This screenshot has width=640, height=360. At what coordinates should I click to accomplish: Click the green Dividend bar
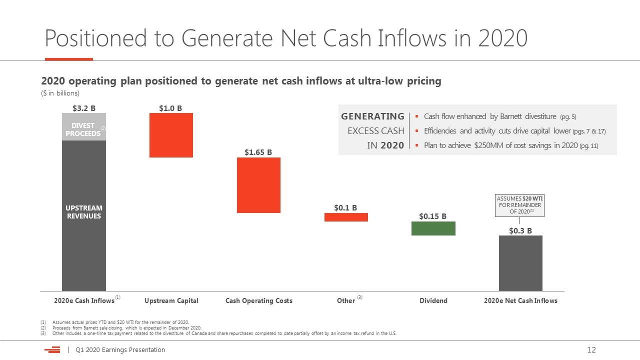pos(433,228)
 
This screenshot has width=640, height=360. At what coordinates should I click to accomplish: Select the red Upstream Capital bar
pos(171,135)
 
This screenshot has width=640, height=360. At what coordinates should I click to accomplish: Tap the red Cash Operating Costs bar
pos(258,185)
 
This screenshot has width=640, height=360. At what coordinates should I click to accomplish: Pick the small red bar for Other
pos(346,217)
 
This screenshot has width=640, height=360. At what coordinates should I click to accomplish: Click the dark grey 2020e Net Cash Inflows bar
pos(520,263)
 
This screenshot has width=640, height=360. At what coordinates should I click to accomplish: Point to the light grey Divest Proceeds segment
pos(84,127)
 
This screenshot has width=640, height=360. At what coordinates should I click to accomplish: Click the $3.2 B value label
pos(84,108)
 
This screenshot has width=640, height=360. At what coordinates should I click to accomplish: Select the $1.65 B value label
pos(258,152)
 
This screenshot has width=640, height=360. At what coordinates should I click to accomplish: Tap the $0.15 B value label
pos(432,216)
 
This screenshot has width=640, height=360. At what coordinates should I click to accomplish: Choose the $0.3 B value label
pos(520,230)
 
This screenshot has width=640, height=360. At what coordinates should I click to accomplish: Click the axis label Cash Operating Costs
pos(259,300)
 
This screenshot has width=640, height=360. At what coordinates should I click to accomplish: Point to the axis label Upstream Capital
pos(171,300)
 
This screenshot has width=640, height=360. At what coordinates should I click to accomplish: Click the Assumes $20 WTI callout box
pos(519,205)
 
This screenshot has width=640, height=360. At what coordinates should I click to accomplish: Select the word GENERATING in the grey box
pos(372,116)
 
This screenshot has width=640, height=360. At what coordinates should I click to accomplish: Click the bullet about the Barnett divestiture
pos(495,116)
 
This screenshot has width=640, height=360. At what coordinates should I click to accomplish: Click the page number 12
pos(591,349)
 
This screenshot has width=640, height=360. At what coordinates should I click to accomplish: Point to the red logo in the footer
pos(52,349)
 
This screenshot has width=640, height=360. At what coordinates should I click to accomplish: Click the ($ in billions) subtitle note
pos(60,93)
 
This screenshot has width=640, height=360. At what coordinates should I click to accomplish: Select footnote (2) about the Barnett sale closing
pos(121,327)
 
